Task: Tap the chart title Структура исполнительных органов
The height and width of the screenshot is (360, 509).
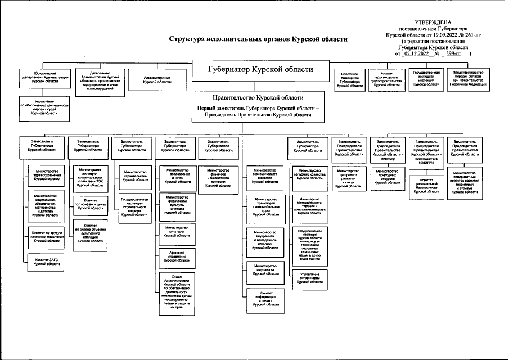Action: [x=259, y=39]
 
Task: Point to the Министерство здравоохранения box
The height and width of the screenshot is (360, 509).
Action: [x=47, y=175]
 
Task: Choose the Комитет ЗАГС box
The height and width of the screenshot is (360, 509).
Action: [x=47, y=262]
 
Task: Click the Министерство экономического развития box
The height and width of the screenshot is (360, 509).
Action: [x=265, y=175]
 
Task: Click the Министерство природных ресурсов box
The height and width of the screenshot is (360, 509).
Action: [x=388, y=177]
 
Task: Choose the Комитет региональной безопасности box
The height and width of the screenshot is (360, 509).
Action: [x=426, y=186]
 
